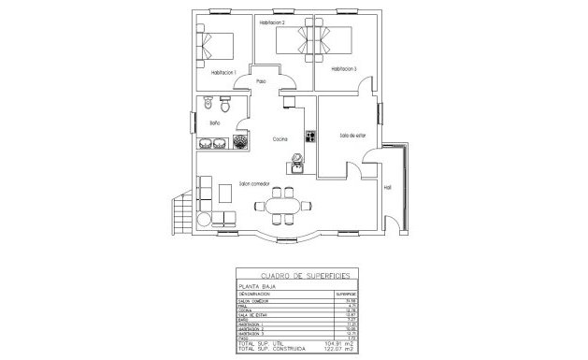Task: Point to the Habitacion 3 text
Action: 343,68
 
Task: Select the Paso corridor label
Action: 262,81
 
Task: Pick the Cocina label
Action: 280,139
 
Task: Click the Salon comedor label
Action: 254,183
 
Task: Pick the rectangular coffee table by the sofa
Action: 225,194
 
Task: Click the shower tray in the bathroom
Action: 241,141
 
